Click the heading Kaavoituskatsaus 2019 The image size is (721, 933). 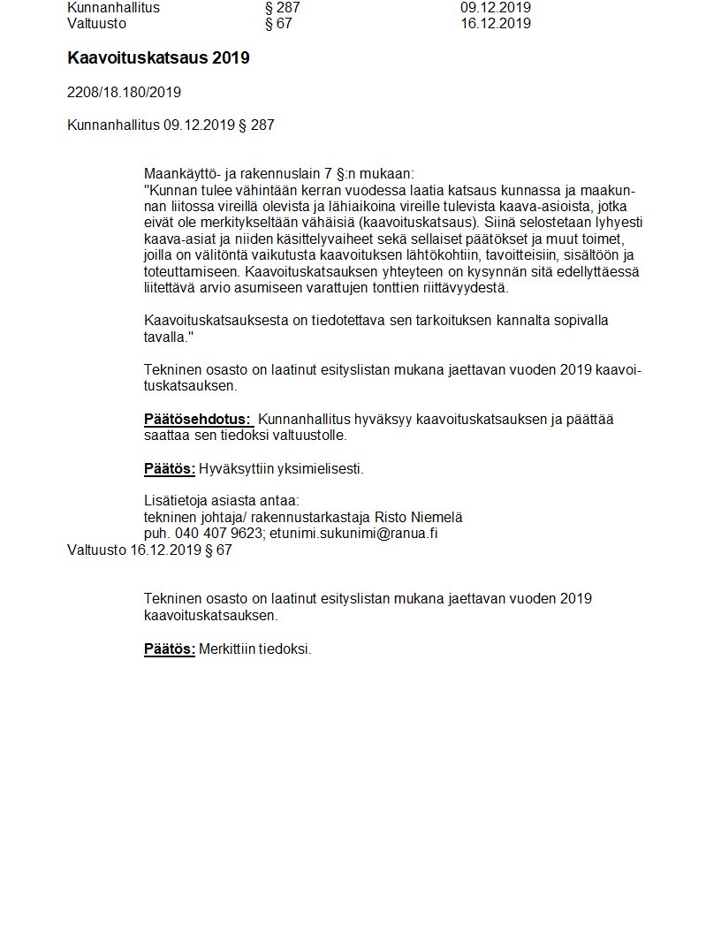[x=158, y=58]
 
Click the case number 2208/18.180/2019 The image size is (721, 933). [x=124, y=92]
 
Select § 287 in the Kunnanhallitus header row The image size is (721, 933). [x=283, y=8]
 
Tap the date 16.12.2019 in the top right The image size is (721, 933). [x=495, y=24]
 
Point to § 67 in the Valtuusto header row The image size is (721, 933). [x=278, y=24]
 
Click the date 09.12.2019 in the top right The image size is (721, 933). [x=495, y=8]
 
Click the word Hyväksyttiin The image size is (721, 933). [x=231, y=468]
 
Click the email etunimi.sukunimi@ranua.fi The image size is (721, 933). [x=353, y=533]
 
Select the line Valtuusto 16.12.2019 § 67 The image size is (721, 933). [x=149, y=550]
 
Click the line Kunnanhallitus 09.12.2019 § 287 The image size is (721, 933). [x=171, y=125]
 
